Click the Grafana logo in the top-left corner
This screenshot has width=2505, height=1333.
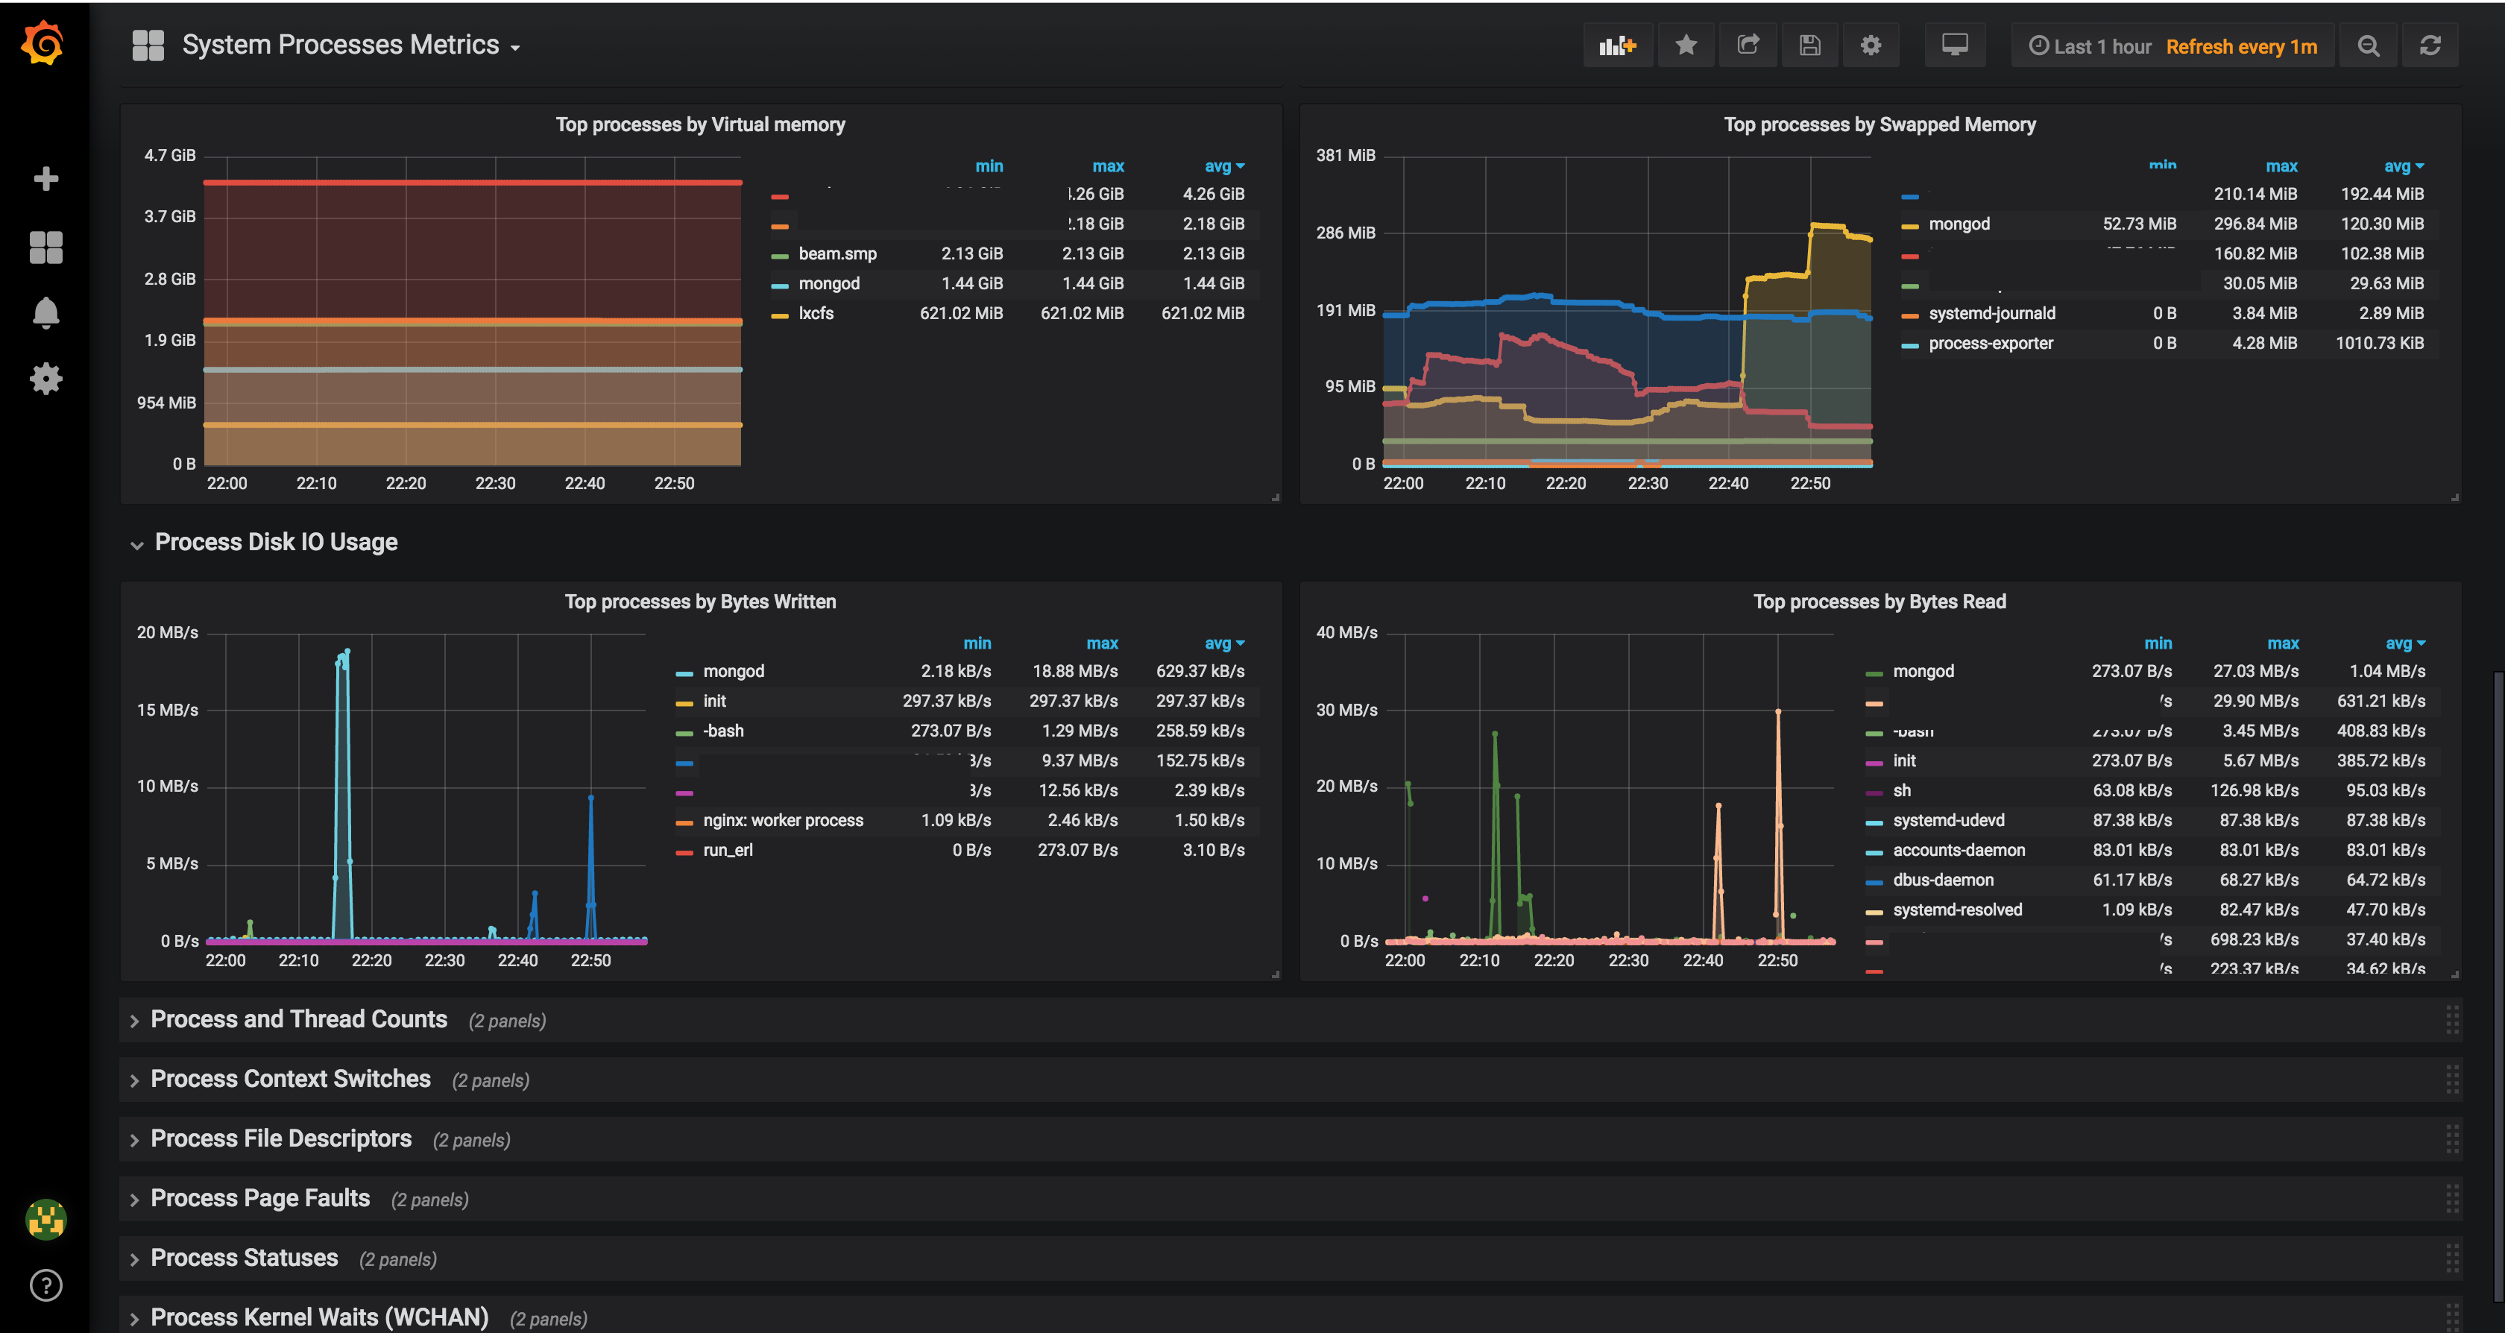[42, 44]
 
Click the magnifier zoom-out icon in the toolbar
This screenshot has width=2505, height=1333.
[2368, 45]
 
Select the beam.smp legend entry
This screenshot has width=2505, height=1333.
[837, 253]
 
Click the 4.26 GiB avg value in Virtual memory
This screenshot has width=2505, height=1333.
[1213, 195]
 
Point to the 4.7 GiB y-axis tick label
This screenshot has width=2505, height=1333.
[170, 156]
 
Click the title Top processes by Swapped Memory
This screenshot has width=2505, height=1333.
[1879, 125]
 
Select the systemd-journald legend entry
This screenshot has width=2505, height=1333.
[1991, 313]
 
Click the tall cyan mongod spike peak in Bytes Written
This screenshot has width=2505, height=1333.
[346, 652]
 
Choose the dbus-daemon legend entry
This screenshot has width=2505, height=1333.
[1942, 880]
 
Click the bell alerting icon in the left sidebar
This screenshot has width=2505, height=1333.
[45, 313]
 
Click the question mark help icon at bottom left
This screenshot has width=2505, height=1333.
[45, 1285]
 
